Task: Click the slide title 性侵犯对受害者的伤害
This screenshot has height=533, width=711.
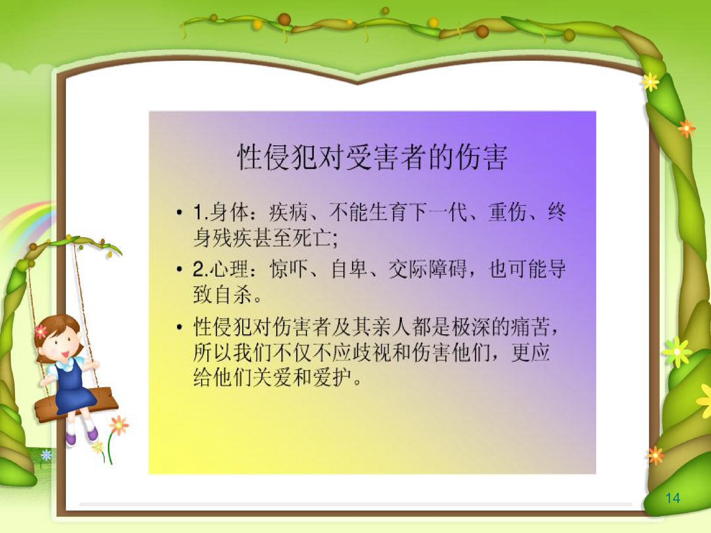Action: click(x=372, y=157)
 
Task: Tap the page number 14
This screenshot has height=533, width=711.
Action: click(x=672, y=498)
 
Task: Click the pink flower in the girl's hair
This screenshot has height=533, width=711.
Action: click(x=40, y=331)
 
